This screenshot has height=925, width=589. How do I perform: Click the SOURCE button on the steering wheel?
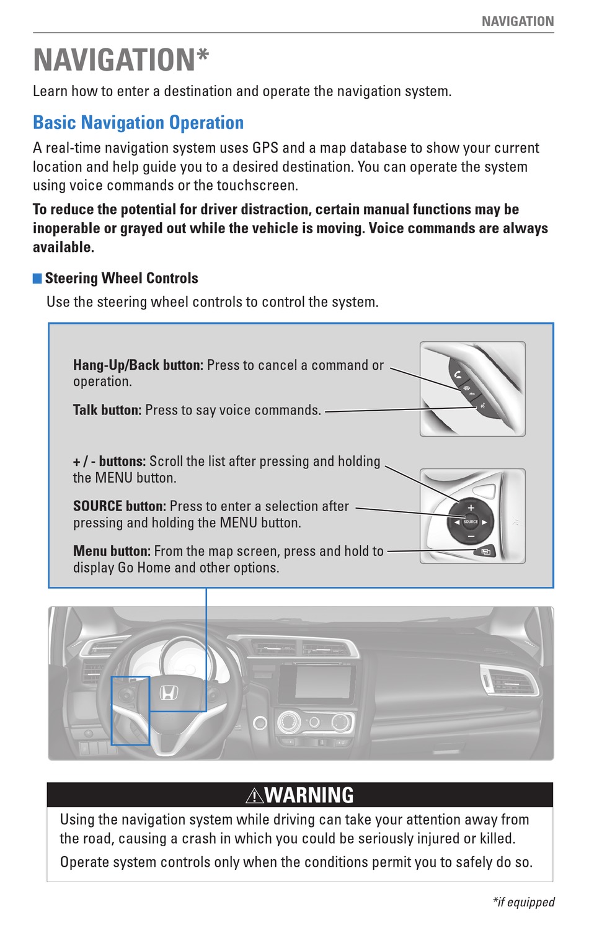tap(471, 522)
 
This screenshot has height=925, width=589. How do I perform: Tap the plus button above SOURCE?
tap(471, 507)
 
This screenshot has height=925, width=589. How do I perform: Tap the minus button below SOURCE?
tap(471, 536)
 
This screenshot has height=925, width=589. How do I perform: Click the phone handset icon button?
tap(458, 374)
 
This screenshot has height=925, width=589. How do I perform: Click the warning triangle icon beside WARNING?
tap(254, 795)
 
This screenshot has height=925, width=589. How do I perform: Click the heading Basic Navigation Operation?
tap(138, 123)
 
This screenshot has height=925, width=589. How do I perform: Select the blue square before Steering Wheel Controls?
tap(37, 278)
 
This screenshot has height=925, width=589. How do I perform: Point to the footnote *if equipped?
tap(523, 902)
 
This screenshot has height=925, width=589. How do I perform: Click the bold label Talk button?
tap(107, 410)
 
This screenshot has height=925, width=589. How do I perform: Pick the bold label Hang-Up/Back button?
tap(138, 365)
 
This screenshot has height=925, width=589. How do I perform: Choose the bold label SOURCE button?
tap(119, 506)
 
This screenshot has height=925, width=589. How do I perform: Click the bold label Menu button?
tap(112, 551)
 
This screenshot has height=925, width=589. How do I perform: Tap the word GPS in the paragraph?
tap(265, 148)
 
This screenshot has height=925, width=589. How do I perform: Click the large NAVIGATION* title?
tap(121, 60)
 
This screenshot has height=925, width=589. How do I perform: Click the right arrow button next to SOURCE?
tap(485, 522)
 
